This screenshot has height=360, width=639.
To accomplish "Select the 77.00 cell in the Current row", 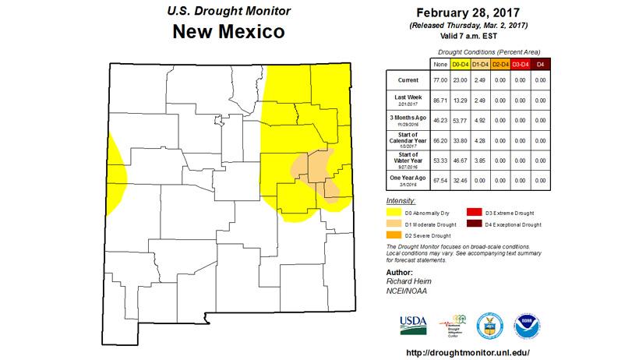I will (x=439, y=80).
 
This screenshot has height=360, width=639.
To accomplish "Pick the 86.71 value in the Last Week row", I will (x=439, y=100).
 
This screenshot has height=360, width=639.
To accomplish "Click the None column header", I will (x=439, y=63).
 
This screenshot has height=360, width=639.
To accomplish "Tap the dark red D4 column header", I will (x=542, y=63).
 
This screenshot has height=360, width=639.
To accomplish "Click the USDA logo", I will (x=413, y=323).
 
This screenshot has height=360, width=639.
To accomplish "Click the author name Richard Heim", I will (x=408, y=281).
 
